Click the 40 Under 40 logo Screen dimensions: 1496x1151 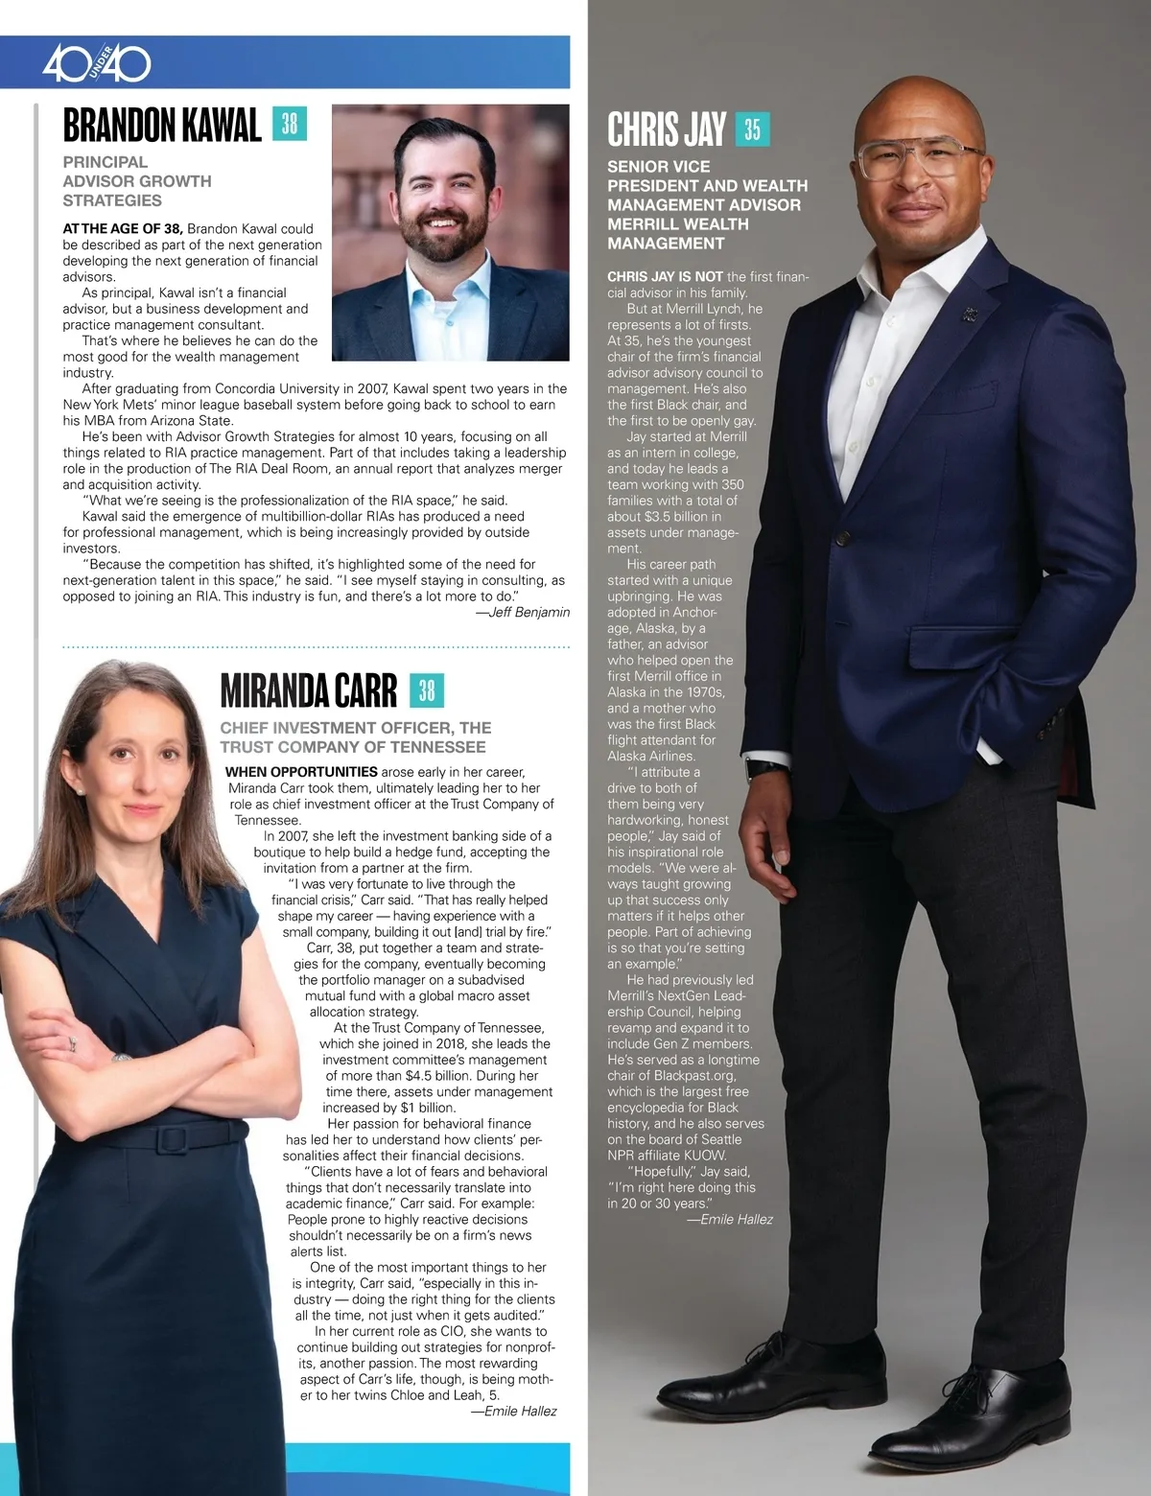96,64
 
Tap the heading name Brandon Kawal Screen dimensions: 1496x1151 162,126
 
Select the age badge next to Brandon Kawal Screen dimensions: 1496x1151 290,124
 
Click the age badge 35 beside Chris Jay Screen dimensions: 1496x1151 752,129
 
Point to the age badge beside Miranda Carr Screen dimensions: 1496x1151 427,690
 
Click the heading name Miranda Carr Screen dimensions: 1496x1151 308,690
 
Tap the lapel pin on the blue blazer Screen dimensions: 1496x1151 972,312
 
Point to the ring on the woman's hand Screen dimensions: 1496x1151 71,1043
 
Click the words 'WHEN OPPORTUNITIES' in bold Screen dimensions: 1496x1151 301,772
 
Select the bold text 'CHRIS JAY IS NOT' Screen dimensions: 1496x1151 665,276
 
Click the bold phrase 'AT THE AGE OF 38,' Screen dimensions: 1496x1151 123,228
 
